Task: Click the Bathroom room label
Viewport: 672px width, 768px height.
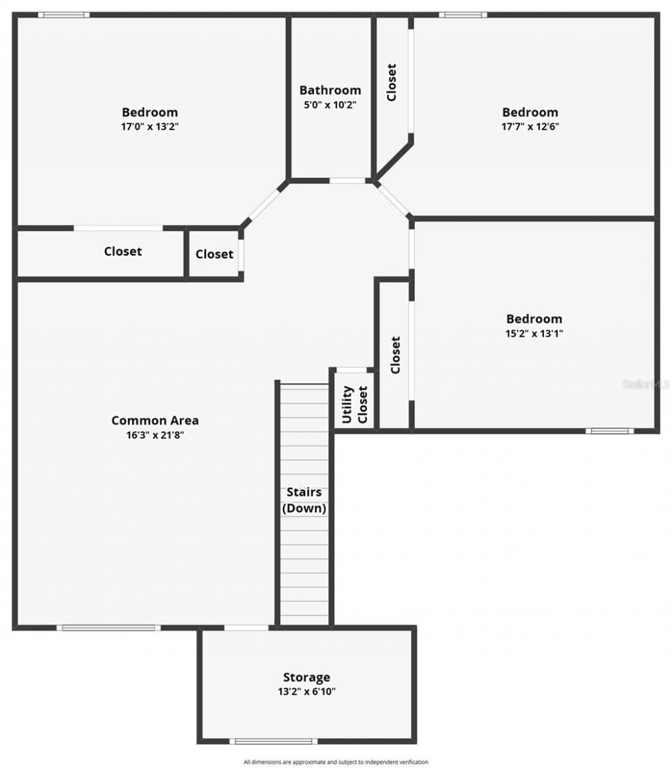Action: [x=330, y=91]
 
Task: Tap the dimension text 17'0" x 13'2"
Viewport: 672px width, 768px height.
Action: [x=150, y=126]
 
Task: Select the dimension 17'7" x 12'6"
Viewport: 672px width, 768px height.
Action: [x=530, y=126]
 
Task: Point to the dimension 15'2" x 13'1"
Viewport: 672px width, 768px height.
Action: [x=534, y=333]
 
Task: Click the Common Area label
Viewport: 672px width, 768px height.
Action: [x=155, y=421]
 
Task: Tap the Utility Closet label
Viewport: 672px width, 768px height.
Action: [x=354, y=404]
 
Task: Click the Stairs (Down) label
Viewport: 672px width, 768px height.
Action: [x=304, y=500]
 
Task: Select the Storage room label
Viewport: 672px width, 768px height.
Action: [x=306, y=677]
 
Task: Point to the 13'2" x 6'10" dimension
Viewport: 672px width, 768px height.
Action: [x=306, y=691]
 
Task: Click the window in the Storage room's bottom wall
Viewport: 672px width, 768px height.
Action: [x=273, y=742]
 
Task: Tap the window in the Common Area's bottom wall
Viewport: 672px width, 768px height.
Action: [x=108, y=628]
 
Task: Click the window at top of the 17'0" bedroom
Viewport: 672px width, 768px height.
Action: [x=63, y=14]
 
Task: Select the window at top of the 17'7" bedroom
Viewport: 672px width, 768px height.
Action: [x=463, y=14]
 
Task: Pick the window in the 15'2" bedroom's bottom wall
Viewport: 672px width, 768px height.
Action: [x=609, y=431]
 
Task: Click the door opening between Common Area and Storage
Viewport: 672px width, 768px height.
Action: [x=246, y=628]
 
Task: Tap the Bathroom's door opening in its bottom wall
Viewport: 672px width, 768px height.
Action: [x=347, y=181]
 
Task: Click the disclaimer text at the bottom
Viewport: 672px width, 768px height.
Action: [x=335, y=762]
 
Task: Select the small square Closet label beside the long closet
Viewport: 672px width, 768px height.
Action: [x=214, y=254]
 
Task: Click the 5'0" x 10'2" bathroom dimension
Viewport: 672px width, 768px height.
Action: [x=330, y=104]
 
